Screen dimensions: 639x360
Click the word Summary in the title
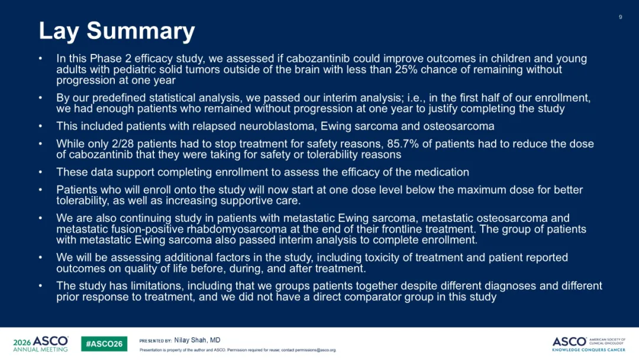(141, 31)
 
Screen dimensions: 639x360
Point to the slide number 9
(620, 17)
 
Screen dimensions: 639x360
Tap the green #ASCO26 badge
(104, 343)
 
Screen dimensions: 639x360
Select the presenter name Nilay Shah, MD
(197, 340)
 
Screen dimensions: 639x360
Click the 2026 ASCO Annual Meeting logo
(40, 343)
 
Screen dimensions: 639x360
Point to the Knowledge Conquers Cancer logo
(589, 345)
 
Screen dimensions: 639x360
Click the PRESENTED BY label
(155, 341)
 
